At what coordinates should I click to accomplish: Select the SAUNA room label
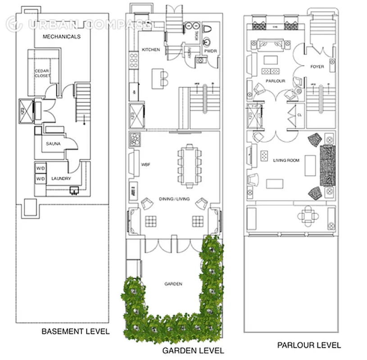pos(54,144)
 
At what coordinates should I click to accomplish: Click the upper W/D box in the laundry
pos(41,168)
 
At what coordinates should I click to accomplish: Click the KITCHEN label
pos(150,49)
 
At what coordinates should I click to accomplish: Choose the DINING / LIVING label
pos(174,199)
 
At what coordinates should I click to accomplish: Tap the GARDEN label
pos(173,284)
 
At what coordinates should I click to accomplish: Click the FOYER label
pos(317,67)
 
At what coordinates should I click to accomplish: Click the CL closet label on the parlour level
pos(299,115)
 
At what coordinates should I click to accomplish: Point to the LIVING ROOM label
pos(286,160)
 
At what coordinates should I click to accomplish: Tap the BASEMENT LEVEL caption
pos(75,332)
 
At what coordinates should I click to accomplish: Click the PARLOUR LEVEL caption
pos(308,345)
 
